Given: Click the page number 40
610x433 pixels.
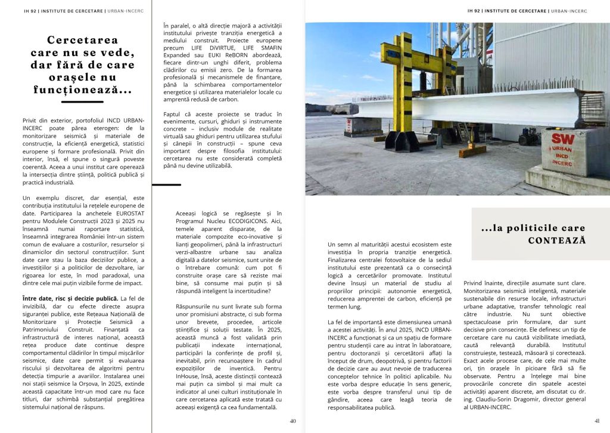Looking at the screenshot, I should pos(292,420).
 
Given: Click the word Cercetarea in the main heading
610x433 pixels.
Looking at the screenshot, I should pos(83,41).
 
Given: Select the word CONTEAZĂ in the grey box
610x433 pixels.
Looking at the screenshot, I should pos(557,240).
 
